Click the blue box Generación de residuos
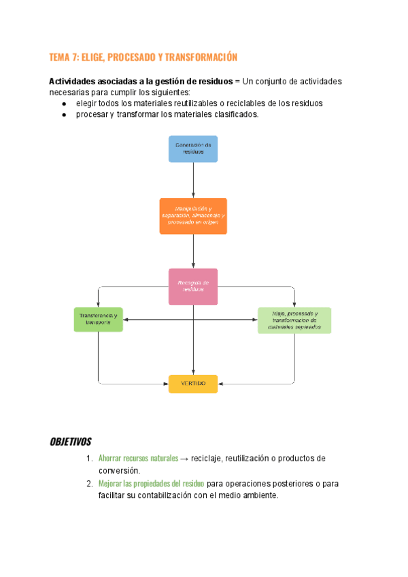[193, 149]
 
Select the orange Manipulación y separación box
[193, 216]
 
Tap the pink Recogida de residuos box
[193, 286]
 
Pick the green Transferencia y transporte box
[99, 319]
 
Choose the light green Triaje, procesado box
[294, 320]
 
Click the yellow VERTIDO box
[193, 384]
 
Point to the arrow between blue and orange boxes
[193, 180]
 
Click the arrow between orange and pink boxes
[193, 250]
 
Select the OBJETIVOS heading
[71, 442]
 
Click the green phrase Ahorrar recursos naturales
[138, 459]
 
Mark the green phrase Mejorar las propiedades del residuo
[151, 484]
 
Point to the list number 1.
[89, 459]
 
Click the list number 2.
[89, 484]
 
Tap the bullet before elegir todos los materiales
[64, 103]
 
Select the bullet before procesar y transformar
[64, 115]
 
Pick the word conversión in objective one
[119, 470]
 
